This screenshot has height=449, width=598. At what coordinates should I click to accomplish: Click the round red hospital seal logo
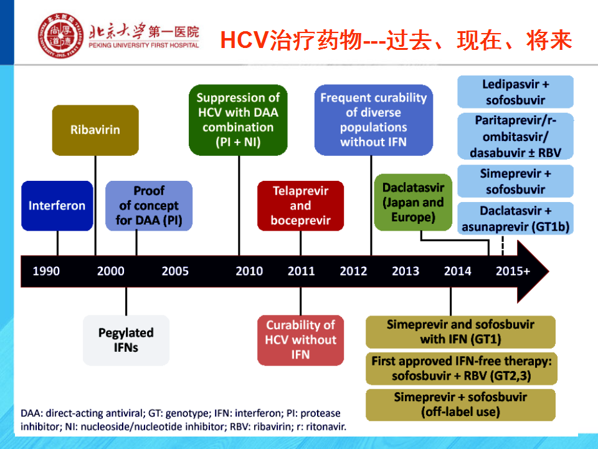tap(60, 36)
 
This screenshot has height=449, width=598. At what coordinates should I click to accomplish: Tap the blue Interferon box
tap(57, 206)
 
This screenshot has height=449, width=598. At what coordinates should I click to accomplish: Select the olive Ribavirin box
tap(95, 130)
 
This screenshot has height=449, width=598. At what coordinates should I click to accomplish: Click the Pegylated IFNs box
tap(126, 340)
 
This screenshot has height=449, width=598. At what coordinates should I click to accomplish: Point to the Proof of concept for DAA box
tap(149, 206)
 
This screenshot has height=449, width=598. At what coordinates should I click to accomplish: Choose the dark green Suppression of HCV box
tap(238, 120)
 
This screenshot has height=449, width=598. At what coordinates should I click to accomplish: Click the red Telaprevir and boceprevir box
tap(300, 206)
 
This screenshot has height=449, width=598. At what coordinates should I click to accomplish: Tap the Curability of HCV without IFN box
tap(300, 340)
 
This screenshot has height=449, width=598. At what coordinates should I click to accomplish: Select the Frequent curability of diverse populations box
tap(373, 120)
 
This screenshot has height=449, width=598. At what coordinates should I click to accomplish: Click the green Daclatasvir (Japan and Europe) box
tap(413, 202)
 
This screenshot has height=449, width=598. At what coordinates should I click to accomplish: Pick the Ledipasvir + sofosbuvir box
tap(515, 92)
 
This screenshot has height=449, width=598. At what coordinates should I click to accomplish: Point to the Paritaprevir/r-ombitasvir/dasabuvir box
tap(515, 137)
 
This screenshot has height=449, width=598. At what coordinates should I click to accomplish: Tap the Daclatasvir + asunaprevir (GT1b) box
tap(515, 218)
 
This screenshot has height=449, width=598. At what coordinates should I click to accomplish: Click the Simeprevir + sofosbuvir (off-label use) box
tap(460, 405)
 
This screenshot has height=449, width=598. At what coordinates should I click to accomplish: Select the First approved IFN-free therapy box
tap(462, 369)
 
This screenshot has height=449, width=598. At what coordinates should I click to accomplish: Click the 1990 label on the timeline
tap(46, 271)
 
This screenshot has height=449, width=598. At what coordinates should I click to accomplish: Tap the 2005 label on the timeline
tap(175, 271)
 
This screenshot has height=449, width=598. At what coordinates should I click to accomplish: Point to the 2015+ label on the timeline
tap(513, 271)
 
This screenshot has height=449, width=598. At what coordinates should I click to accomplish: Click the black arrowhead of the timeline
tap(533, 271)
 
